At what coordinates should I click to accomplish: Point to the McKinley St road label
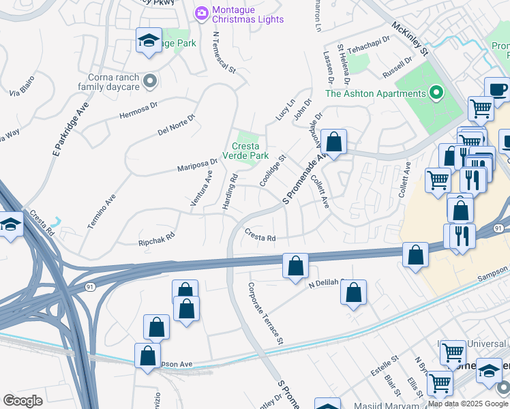[x=409, y=39]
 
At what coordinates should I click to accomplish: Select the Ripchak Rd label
[x=157, y=239]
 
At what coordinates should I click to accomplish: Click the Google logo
[x=22, y=401]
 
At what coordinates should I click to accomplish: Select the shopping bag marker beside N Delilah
[x=353, y=294]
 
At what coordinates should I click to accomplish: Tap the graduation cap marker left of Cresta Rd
[x=10, y=225]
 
